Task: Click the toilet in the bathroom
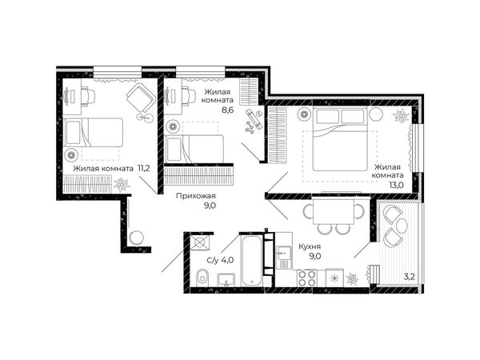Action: [x=202, y=278]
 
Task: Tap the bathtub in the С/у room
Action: [x=252, y=261]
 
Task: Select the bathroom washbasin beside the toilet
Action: [x=226, y=280]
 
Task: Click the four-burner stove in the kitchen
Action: [x=307, y=278]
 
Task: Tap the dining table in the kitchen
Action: [x=333, y=210]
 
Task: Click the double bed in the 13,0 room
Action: [x=340, y=139]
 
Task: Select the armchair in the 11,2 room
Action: [x=141, y=97]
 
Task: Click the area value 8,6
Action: [x=228, y=110]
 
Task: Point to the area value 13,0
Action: [x=397, y=185]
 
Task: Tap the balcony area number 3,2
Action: [x=409, y=278]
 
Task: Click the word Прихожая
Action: [x=196, y=196]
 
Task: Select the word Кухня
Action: [x=310, y=246]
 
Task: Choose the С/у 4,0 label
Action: [x=220, y=260]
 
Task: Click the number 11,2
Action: [x=143, y=168]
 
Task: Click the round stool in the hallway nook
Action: [x=136, y=238]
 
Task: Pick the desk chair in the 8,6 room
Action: [x=188, y=95]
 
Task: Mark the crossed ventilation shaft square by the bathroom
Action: [x=199, y=242]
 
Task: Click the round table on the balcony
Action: [x=402, y=226]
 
